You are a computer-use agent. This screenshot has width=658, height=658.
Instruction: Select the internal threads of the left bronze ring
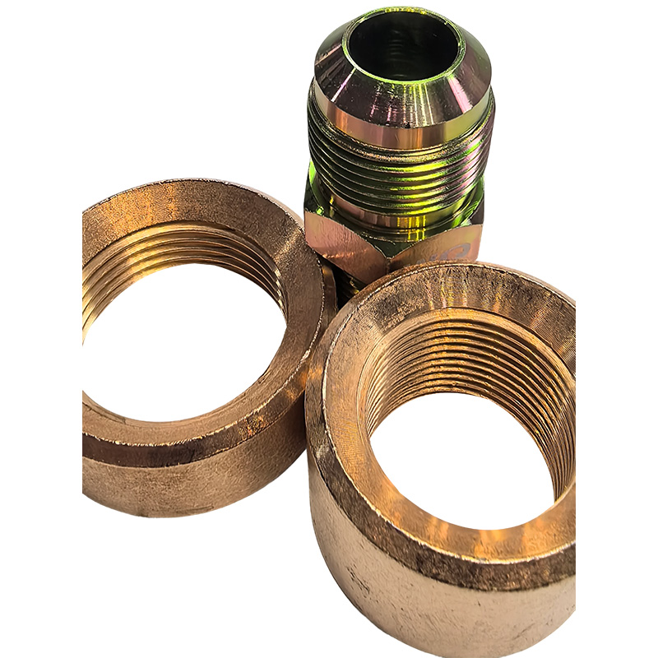tap(164, 247)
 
